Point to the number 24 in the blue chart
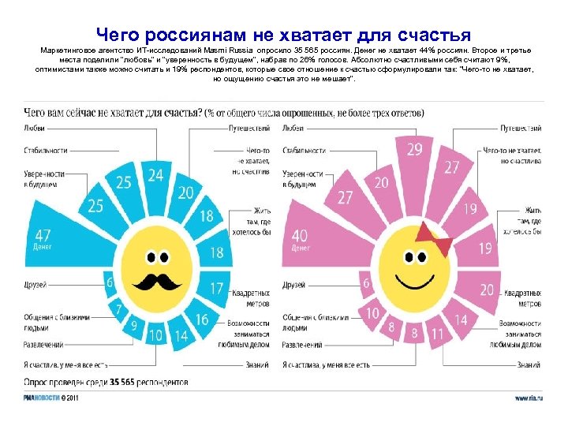pyautogui.click(x=155, y=175)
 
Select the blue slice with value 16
pyautogui.click(x=202, y=319)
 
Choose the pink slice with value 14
pyautogui.click(x=460, y=319)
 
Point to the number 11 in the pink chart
pyautogui.click(x=436, y=334)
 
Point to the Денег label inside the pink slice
pyautogui.click(x=300, y=248)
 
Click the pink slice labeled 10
pyautogui.click(x=373, y=313)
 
